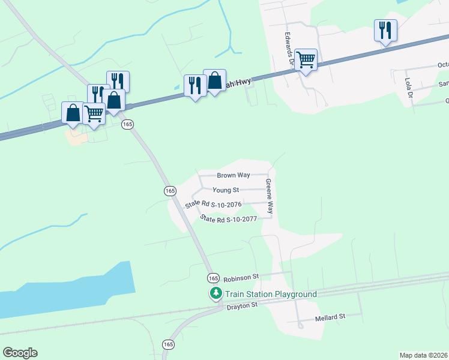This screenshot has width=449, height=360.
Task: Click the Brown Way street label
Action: tap(234, 175)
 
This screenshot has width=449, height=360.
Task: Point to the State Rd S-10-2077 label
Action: tap(229, 219)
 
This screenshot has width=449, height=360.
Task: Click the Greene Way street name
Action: tap(270, 197)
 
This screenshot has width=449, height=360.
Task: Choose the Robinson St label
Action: tap(241, 278)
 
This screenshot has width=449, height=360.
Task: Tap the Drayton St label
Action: tap(242, 306)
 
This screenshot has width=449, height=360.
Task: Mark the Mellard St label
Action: tap(330, 316)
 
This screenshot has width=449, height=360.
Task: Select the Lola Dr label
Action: tap(408, 88)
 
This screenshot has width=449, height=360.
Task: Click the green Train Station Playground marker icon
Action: tap(215, 293)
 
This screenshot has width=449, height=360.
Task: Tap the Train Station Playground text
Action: tap(271, 294)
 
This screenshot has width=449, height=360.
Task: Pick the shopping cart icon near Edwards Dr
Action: tap(306, 59)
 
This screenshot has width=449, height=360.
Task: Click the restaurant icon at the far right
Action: tap(385, 30)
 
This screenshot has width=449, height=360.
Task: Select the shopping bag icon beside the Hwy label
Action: tap(214, 80)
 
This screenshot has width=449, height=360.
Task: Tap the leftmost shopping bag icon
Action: tap(73, 113)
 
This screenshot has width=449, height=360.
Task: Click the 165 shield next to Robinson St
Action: tap(214, 278)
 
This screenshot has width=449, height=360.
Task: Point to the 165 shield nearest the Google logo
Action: tap(169, 344)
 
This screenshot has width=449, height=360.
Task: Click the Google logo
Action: tap(20, 353)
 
